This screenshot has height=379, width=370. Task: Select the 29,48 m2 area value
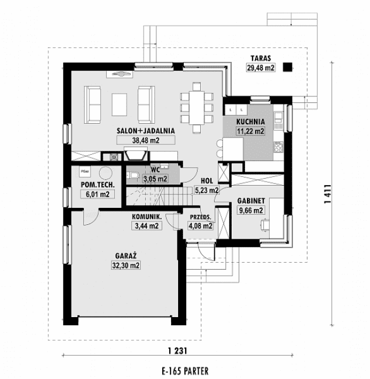(x=261, y=68)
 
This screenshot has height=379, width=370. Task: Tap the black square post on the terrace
(x=287, y=68)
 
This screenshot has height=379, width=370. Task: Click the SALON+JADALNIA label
(x=138, y=131)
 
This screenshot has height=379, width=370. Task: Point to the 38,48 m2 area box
(x=138, y=140)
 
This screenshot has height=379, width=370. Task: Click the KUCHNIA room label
(x=250, y=122)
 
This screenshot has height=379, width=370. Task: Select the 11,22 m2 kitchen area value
(x=250, y=131)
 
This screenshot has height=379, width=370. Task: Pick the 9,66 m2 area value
(x=251, y=211)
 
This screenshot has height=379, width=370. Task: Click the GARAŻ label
(x=126, y=256)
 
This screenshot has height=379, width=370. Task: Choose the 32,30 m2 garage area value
(x=126, y=265)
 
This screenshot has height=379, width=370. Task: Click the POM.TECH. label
(x=97, y=185)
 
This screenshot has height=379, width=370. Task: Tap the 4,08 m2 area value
(x=200, y=227)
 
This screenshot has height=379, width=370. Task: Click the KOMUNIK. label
(x=146, y=216)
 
